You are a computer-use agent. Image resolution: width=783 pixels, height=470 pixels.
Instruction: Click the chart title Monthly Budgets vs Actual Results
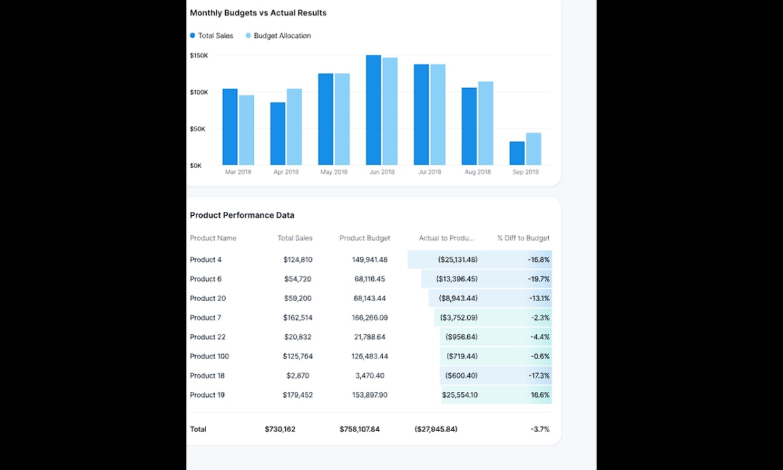(258, 13)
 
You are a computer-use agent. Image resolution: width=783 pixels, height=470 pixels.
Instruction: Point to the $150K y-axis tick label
(199, 55)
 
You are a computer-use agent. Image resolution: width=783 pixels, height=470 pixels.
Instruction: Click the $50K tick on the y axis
(198, 129)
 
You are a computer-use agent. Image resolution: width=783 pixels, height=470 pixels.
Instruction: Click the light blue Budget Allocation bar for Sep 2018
(534, 149)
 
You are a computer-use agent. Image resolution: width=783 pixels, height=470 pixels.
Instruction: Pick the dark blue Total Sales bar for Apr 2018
(278, 133)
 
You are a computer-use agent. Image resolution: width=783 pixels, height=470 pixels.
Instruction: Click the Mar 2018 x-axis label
(238, 172)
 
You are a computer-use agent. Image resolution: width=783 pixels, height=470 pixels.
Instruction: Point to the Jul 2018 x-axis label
(429, 172)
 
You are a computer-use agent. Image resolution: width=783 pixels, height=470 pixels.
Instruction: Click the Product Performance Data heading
(241, 215)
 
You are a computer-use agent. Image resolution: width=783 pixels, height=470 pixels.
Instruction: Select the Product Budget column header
(365, 238)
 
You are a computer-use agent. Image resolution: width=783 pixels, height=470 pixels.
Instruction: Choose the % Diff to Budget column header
(523, 238)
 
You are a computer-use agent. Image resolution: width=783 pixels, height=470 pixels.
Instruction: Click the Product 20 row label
(207, 298)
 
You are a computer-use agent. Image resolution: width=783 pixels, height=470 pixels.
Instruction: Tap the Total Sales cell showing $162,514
(298, 317)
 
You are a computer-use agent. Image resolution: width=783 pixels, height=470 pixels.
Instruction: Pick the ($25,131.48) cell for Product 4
(457, 259)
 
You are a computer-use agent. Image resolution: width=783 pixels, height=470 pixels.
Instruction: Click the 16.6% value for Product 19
(540, 395)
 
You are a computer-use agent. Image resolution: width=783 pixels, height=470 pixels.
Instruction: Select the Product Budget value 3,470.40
(370, 375)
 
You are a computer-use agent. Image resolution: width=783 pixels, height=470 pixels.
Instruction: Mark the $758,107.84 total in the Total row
(360, 429)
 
